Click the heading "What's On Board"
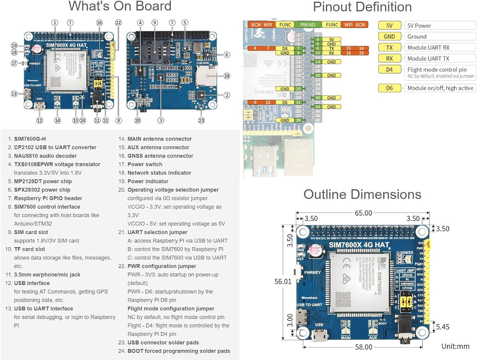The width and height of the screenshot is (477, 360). tap(120, 6)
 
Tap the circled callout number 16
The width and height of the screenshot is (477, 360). tap(100, 23)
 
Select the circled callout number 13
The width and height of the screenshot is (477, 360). tap(14, 94)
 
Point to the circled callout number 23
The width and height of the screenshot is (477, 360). tap(201, 121)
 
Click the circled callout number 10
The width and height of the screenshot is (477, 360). tap(227, 76)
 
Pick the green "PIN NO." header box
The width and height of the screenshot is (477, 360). tap(308, 24)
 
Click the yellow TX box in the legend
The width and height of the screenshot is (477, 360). tap(389, 48)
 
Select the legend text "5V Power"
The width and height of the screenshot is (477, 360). tap(419, 26)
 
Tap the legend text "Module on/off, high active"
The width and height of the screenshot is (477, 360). tap(440, 88)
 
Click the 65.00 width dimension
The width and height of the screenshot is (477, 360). tap(363, 213)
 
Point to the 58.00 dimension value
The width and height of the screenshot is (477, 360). tap(363, 347)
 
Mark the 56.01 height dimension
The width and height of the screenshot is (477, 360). tap(283, 281)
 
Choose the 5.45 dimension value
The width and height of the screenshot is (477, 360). tap(443, 327)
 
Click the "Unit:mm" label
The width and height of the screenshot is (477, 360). tap(455, 346)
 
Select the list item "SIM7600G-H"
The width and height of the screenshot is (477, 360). tap(30, 139)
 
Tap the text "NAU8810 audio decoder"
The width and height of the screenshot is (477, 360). tap(45, 156)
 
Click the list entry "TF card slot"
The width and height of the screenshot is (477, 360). tap(30, 249)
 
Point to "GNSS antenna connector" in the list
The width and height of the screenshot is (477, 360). tap(160, 156)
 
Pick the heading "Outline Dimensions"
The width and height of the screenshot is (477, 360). tap(362, 194)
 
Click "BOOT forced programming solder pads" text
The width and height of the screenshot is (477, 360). tap(179, 351)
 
